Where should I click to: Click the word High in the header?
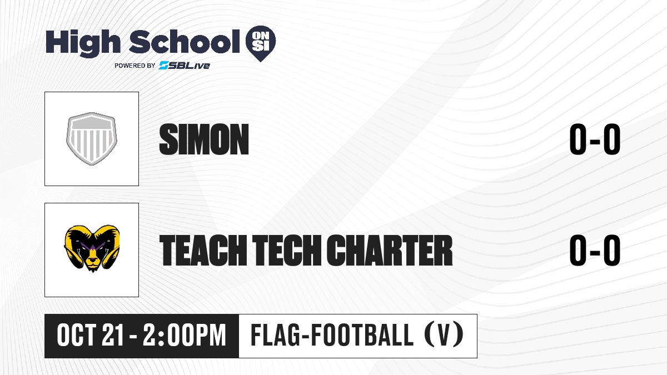click(83, 43)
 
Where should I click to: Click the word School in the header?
click(185, 41)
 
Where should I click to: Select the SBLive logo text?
click(185, 65)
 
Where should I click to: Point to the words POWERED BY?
click(135, 66)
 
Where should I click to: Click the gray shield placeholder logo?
click(92, 139)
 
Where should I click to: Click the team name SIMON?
click(204, 139)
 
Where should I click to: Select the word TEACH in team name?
click(203, 250)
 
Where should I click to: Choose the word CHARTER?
click(390, 250)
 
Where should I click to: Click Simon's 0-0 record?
click(595, 139)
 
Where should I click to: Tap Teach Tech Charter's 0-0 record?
click(595, 250)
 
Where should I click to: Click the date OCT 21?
click(90, 336)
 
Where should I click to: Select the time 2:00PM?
click(185, 336)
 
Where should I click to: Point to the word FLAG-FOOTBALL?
click(332, 336)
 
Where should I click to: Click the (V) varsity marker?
click(444, 336)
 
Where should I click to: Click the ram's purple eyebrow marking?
click(92, 247)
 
